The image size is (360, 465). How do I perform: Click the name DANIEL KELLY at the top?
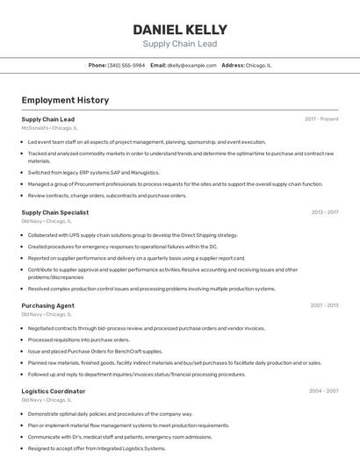(x=179, y=29)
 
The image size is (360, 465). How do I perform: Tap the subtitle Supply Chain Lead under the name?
(x=179, y=44)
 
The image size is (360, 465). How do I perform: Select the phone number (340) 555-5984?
(x=126, y=65)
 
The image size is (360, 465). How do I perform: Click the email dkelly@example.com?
(x=191, y=65)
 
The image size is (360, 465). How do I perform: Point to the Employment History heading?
(x=65, y=100)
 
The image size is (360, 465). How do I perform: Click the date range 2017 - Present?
(x=321, y=118)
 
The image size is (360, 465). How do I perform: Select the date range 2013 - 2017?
(x=324, y=211)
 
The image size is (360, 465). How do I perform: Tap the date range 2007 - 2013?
(x=324, y=305)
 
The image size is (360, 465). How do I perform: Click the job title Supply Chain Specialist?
(x=54, y=212)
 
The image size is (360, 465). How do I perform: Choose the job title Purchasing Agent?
(x=47, y=305)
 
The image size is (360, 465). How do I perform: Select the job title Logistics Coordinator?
(x=53, y=391)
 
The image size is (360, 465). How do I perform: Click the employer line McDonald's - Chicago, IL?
(x=49, y=128)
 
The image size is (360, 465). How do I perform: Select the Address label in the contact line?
(x=233, y=65)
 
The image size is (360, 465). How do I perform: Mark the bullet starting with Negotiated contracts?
(x=146, y=328)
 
